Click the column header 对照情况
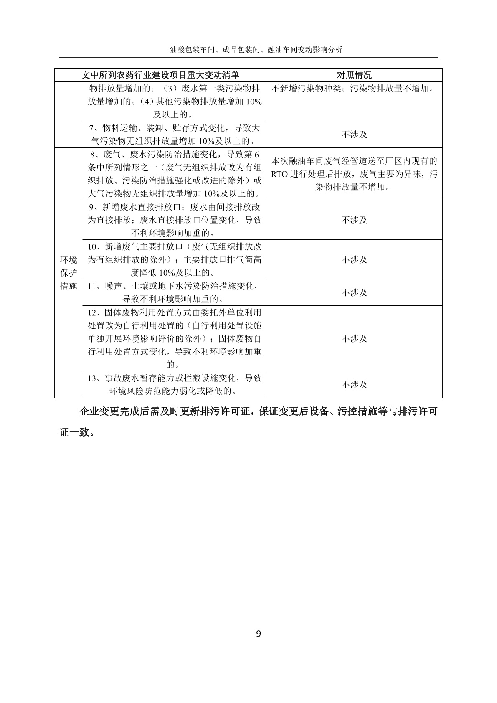(354, 75)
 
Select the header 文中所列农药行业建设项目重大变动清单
(160, 75)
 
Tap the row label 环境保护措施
(69, 273)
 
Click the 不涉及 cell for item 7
(354, 135)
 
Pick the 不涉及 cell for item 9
(354, 220)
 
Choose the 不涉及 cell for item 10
(354, 259)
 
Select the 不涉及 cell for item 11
(354, 292)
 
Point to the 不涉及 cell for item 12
(354, 338)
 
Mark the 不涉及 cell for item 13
(354, 384)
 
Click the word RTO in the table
(279, 174)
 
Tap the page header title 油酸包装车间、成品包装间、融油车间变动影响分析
(256, 50)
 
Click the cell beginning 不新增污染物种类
(354, 89)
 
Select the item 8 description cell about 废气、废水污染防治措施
(175, 174)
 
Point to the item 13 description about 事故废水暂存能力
(175, 384)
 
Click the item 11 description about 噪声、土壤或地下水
(175, 292)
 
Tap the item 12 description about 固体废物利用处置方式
(175, 338)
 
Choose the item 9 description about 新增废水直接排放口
(175, 220)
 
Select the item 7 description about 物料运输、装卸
(175, 135)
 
